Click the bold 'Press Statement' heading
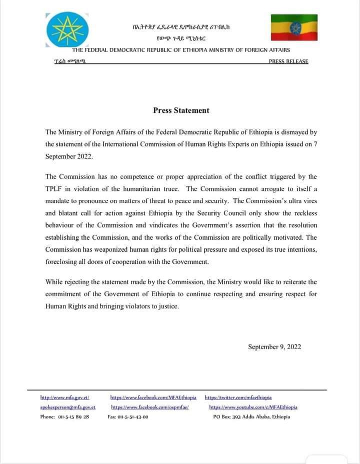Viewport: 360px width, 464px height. pos(181,110)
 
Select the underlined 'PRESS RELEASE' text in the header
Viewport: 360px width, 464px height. pos(288,61)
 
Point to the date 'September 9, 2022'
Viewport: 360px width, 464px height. pos(274,347)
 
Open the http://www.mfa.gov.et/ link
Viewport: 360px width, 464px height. pos(64,398)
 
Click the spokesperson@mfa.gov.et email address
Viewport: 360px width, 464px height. pos(67,407)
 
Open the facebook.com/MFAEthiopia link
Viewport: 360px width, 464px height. pos(153,398)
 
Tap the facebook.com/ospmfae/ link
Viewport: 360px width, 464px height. pos(149,407)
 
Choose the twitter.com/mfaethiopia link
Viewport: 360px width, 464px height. pos(238,398)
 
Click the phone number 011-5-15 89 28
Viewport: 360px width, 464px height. pos(64,417)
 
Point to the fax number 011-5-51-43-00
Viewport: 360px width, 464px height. pos(128,417)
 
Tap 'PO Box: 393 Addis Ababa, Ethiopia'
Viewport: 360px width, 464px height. pos(251,417)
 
